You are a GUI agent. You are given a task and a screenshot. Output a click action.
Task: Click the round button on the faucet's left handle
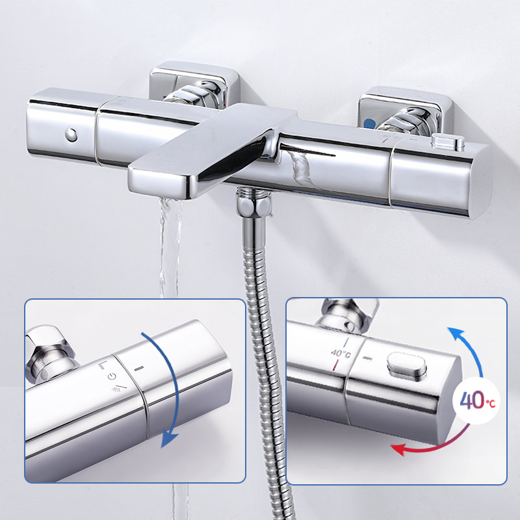tap(71, 135)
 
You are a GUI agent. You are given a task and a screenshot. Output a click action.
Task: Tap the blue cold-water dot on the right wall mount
tap(369, 124)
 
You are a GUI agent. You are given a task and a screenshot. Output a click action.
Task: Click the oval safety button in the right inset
tap(407, 365)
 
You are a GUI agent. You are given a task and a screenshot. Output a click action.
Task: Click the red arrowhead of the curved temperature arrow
tap(398, 449)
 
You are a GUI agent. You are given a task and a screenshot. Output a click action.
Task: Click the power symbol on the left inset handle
tap(112, 376)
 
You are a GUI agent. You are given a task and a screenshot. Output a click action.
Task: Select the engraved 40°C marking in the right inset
tap(341, 354)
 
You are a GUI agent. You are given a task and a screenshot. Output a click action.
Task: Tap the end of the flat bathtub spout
tap(159, 182)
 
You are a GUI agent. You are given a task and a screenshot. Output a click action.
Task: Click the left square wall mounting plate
tap(194, 84)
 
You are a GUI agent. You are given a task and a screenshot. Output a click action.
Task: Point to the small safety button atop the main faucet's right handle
tap(448, 142)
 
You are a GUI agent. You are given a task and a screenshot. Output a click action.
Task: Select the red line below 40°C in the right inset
tap(336, 365)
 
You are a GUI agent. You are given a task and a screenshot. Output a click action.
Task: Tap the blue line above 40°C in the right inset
tap(346, 342)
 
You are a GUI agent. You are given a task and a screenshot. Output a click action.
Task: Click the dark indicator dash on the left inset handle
tap(139, 368)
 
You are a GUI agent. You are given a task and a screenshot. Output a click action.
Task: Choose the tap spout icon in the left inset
tap(103, 365)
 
